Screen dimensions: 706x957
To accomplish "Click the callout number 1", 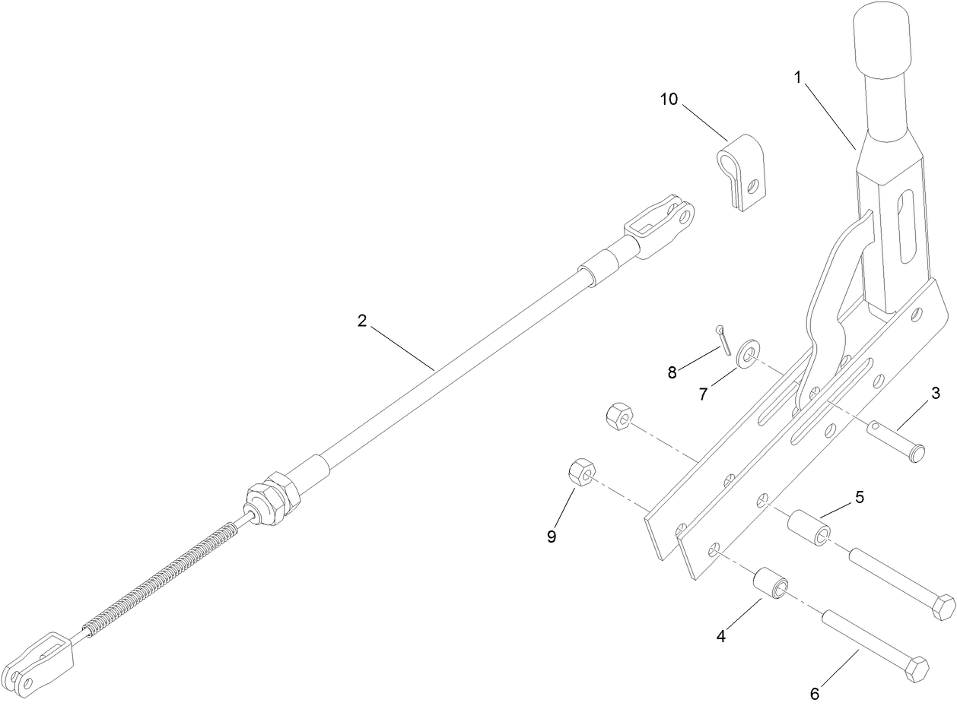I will click(x=797, y=78).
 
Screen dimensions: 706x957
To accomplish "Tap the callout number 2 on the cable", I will click(x=362, y=321).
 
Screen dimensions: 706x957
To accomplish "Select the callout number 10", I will click(x=669, y=100).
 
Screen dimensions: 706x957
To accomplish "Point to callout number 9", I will click(x=552, y=536).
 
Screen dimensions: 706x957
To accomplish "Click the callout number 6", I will click(x=814, y=693).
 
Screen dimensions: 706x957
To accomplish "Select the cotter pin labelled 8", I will click(x=723, y=340).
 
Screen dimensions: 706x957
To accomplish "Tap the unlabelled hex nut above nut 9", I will click(x=618, y=416).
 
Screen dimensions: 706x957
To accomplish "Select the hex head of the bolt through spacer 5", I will click(x=943, y=608).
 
